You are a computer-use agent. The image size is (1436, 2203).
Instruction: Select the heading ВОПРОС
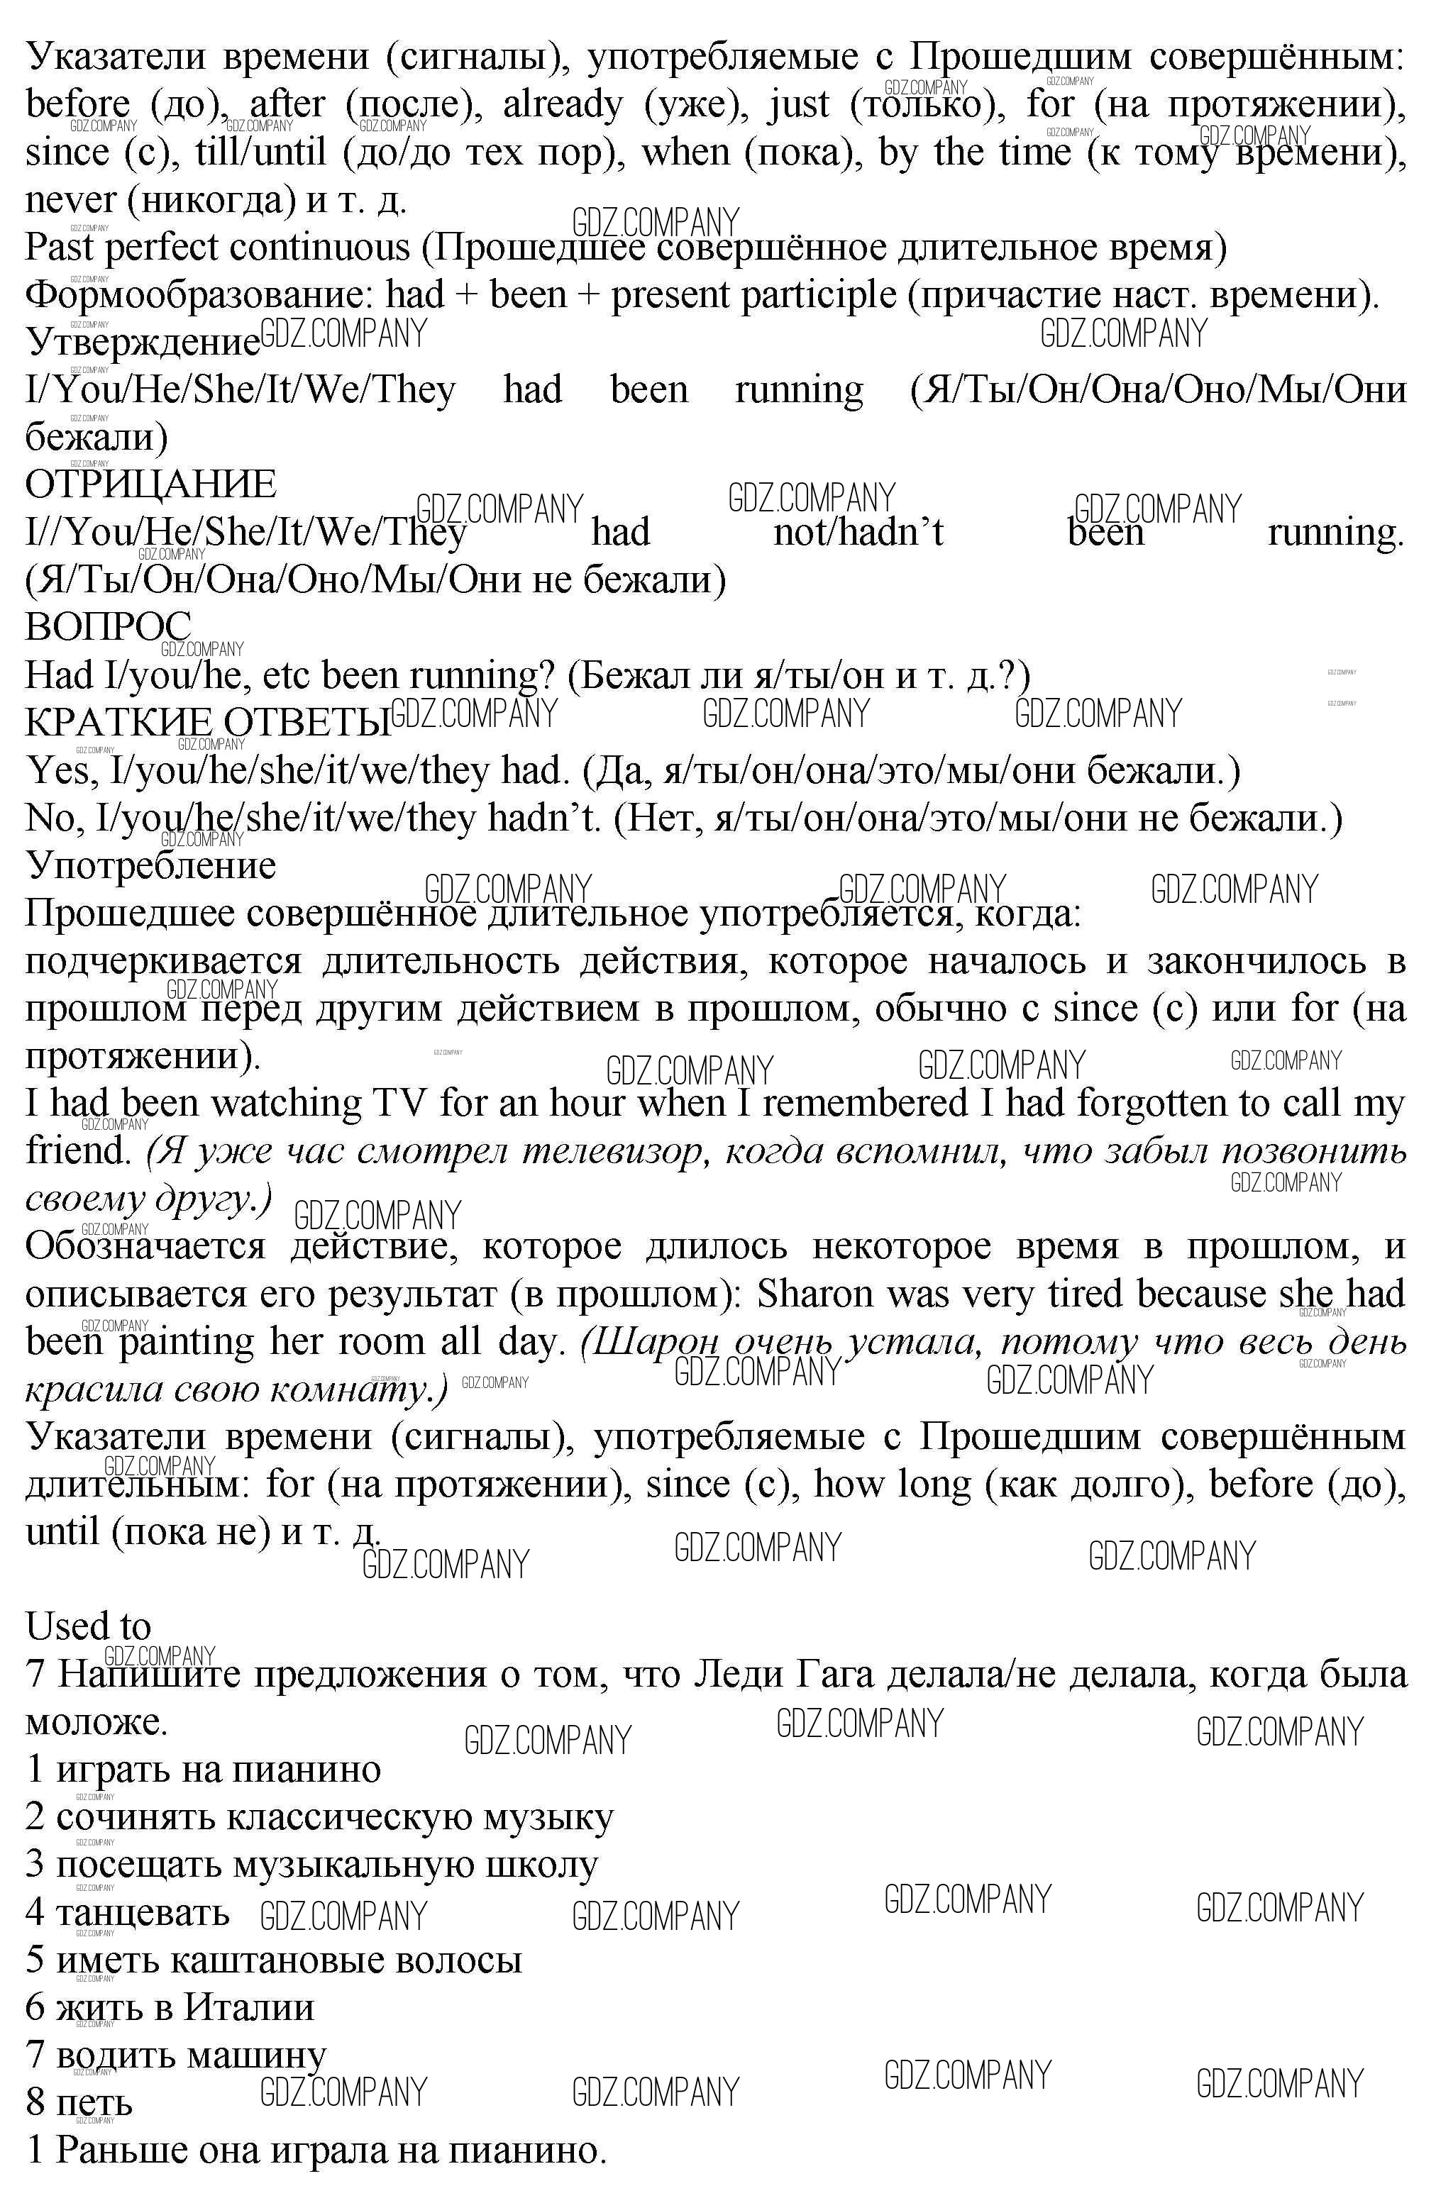pos(109,627)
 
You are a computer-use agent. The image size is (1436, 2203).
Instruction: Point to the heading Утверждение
pos(143,342)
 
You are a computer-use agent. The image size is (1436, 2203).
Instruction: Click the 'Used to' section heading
pos(88,1626)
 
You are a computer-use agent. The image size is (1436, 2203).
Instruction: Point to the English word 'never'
pos(70,199)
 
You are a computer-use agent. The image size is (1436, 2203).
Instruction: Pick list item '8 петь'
pos(79,2102)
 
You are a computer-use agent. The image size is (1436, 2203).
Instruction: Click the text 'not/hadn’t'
pos(858,532)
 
